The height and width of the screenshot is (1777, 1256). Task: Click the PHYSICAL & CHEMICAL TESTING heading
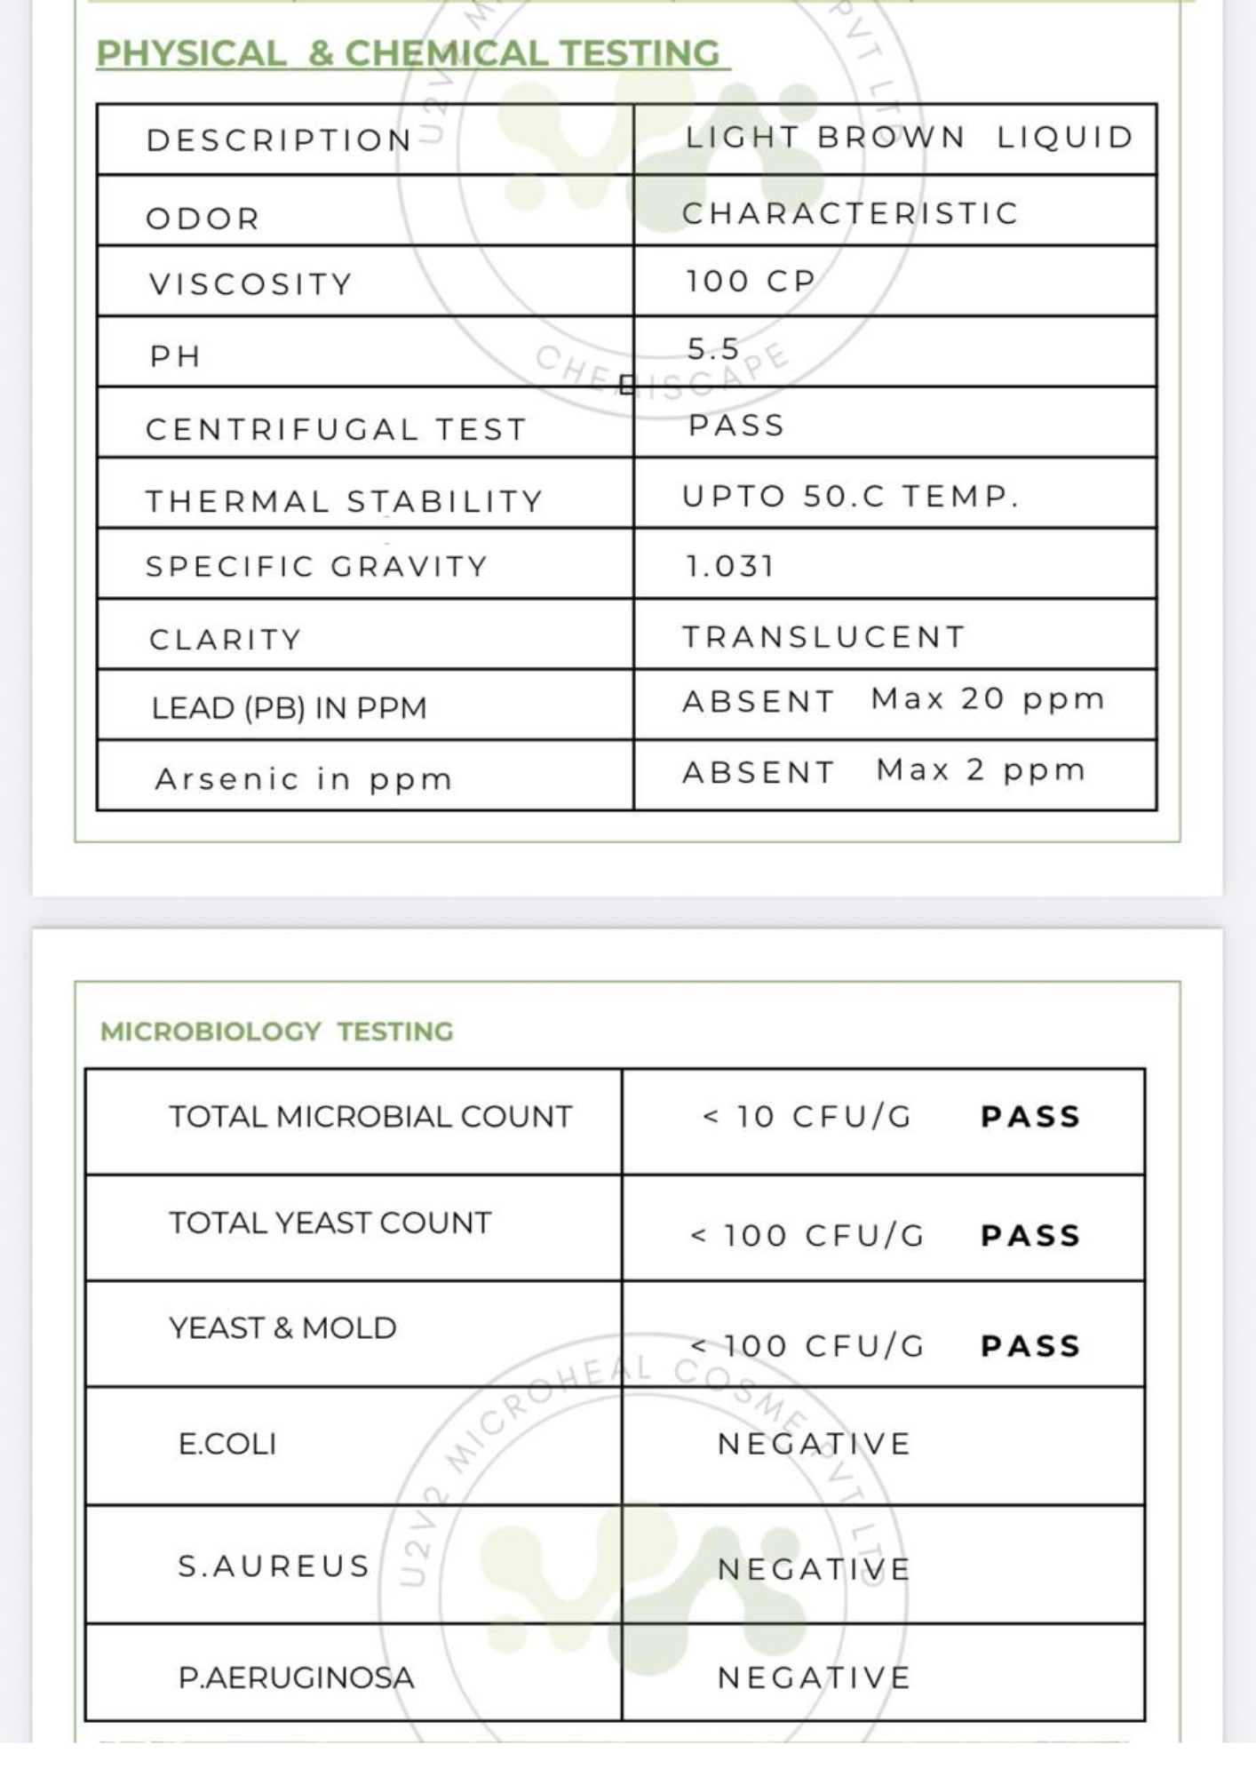point(409,53)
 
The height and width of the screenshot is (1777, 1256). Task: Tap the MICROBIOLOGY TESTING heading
point(276,1032)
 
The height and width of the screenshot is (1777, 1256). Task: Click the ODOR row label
point(203,219)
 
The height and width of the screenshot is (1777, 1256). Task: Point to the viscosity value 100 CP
point(751,282)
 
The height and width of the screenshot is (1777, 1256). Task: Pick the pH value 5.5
point(713,349)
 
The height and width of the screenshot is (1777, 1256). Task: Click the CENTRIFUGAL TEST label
point(336,430)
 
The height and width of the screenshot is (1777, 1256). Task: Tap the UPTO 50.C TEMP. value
point(850,496)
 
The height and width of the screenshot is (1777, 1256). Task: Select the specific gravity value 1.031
point(730,566)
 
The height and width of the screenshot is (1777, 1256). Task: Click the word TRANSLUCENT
point(823,637)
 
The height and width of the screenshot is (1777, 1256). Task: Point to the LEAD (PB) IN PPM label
point(289,708)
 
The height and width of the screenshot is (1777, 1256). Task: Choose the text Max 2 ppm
point(981,770)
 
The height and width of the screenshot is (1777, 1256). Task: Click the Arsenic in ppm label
point(304,779)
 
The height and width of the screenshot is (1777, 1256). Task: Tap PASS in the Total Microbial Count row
point(1030,1117)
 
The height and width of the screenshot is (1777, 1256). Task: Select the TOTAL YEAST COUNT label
point(330,1223)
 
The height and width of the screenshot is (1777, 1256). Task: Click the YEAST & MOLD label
point(282,1328)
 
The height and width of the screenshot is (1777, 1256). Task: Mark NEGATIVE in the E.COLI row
point(814,1444)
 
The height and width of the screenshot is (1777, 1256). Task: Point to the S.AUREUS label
point(274,1566)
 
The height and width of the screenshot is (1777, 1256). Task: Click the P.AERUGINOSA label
point(296,1677)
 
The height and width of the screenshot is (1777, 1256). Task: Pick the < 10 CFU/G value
point(807,1117)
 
